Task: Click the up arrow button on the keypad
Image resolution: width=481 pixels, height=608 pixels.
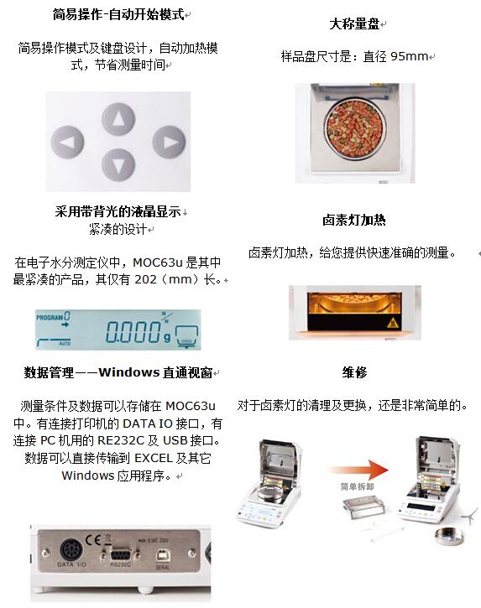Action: tap(118, 119)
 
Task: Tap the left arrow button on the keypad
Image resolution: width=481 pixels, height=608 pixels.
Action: tap(67, 142)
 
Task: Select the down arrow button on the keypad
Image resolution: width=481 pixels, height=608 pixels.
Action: tap(118, 165)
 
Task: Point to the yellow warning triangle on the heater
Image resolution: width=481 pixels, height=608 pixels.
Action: tap(393, 322)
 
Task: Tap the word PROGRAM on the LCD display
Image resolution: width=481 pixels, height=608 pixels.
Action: tap(50, 317)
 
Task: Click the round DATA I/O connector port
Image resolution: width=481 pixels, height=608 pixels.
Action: tap(71, 550)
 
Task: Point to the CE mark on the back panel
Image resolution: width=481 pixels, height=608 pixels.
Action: tap(93, 540)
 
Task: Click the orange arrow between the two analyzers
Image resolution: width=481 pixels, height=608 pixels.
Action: tap(358, 470)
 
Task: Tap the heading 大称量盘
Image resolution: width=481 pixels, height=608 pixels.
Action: tap(354, 24)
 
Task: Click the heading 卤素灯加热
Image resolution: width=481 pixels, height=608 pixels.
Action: tap(354, 220)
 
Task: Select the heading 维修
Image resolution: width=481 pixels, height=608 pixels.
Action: tap(354, 372)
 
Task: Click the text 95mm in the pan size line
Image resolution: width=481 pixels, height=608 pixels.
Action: tap(409, 57)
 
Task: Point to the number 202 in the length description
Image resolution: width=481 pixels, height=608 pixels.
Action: tap(145, 279)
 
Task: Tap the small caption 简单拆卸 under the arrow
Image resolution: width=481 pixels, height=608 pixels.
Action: tap(357, 486)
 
